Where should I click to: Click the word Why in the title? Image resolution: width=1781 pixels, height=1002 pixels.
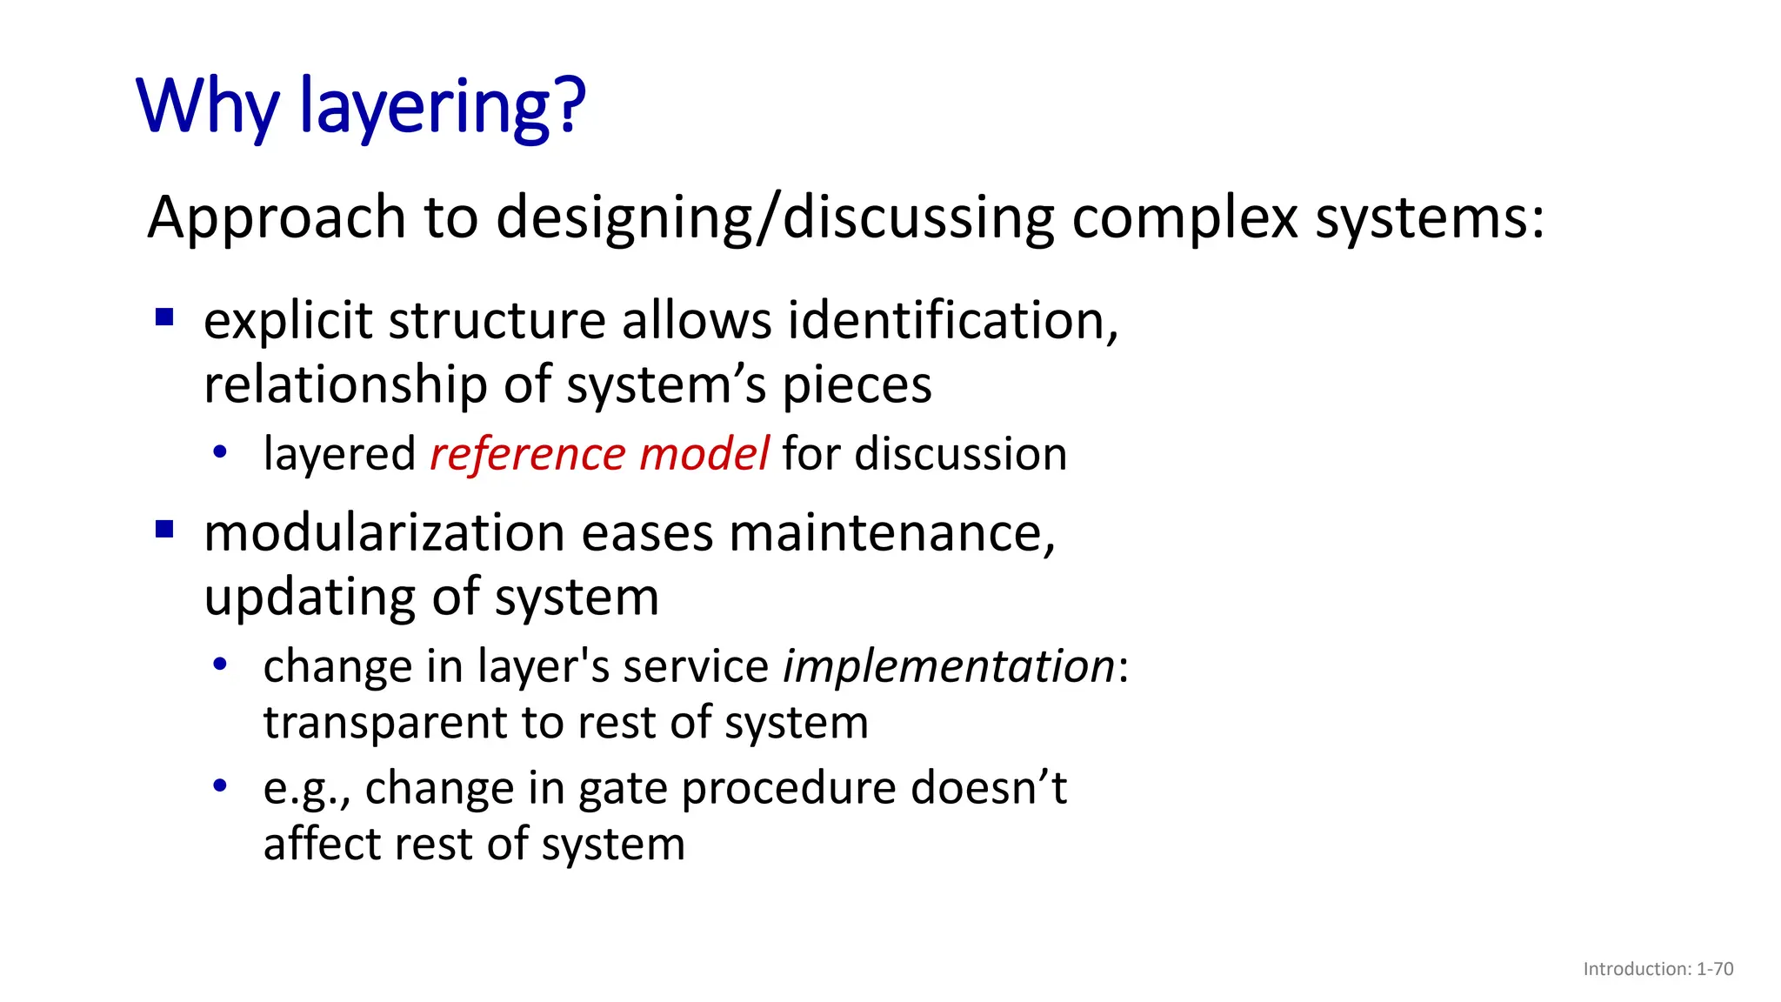tap(207, 107)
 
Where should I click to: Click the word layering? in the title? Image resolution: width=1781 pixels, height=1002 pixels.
tap(442, 107)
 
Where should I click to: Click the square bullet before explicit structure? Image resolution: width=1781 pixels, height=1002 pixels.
tap(164, 317)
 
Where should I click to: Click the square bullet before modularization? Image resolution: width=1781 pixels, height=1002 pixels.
tap(164, 529)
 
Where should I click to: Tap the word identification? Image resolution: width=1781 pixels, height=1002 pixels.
tap(953, 320)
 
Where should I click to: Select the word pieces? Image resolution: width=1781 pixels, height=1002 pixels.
tap(857, 384)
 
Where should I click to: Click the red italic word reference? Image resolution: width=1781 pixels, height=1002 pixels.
tap(526, 454)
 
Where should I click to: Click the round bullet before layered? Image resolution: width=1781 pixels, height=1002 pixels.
tap(220, 452)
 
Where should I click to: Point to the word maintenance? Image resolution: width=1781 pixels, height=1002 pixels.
tap(892, 532)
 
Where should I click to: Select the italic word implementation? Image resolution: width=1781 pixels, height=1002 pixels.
tap(949, 667)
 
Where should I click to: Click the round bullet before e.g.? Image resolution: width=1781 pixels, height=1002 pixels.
tap(220, 786)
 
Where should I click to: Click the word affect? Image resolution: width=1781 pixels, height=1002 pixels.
tap(321, 844)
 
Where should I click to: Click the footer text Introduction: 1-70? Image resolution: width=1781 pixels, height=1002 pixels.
tap(1658, 969)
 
